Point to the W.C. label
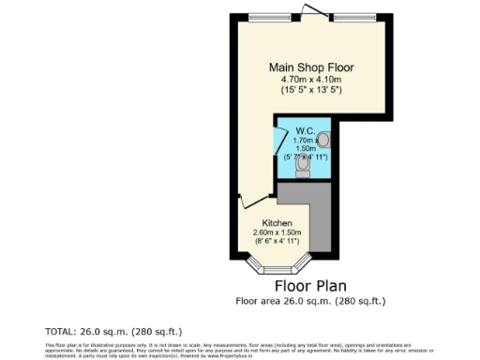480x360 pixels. (305, 130)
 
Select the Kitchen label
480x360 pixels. (262, 222)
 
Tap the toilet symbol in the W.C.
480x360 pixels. (302, 166)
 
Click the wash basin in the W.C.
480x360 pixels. (323, 140)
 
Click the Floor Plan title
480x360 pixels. (310, 285)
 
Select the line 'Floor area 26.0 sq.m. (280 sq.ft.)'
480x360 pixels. (310, 301)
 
